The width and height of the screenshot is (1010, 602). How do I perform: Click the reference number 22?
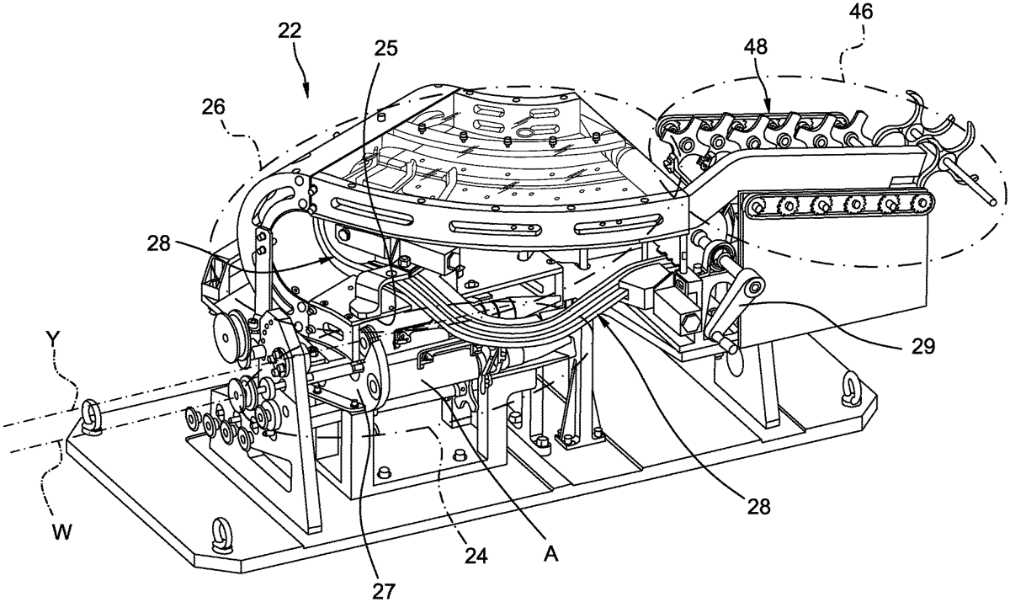point(290,31)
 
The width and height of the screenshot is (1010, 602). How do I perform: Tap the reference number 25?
point(386,48)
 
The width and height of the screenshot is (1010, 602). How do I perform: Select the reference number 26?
point(213,107)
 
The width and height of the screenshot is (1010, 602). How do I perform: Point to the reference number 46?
point(860,12)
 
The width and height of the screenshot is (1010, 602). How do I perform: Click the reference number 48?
point(756,46)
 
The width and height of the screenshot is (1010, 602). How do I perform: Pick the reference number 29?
point(922,346)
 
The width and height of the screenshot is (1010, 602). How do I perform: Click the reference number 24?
point(476,556)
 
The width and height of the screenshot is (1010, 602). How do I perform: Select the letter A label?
point(551,554)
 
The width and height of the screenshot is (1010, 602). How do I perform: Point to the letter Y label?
point(53,338)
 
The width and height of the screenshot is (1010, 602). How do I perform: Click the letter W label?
point(61,533)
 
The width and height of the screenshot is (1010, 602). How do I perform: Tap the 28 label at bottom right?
point(759,508)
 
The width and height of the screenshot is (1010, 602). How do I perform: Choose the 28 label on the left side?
point(159,243)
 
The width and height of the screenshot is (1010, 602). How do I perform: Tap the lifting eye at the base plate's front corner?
point(221,535)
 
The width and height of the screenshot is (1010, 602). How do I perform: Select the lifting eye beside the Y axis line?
point(91,418)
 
